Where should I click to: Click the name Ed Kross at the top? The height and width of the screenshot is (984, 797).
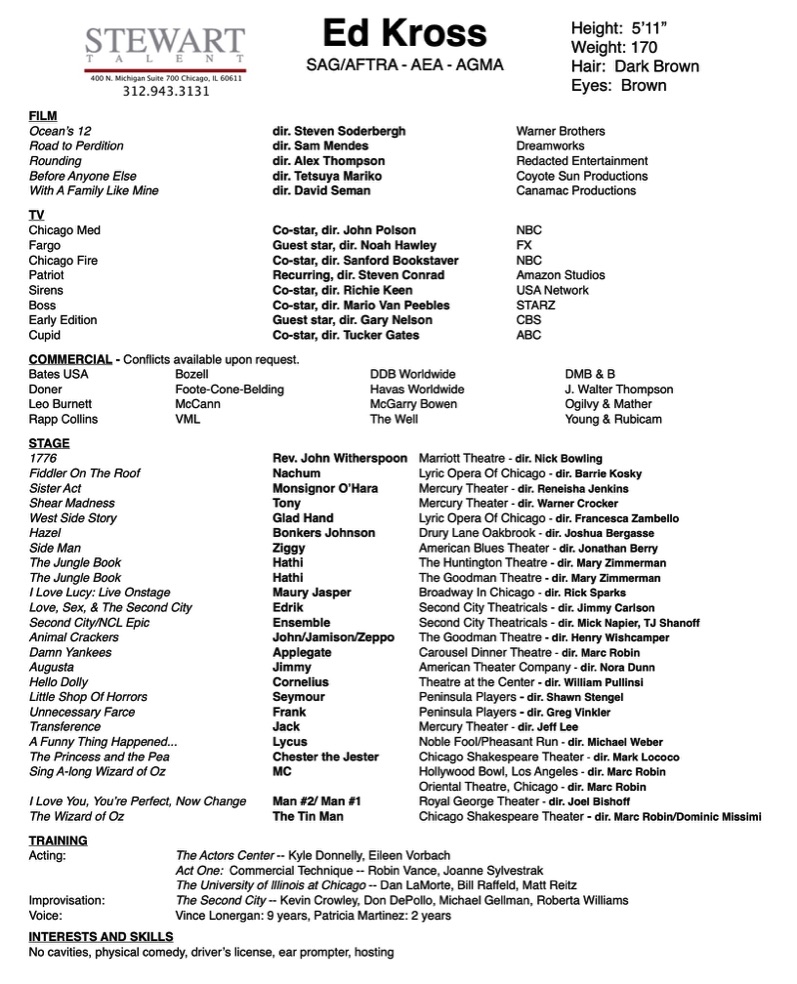[404, 34]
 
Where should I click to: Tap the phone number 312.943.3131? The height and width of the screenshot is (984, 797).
[166, 91]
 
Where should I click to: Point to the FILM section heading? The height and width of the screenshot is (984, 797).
[43, 116]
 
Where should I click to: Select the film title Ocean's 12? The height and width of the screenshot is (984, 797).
[60, 131]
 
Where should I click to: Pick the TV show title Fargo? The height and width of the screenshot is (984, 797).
[44, 245]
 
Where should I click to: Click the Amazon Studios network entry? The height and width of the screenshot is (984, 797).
[560, 275]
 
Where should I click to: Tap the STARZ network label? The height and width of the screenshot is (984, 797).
[536, 305]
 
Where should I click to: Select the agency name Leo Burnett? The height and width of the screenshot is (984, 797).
[60, 404]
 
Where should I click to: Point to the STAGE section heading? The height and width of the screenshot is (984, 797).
[49, 443]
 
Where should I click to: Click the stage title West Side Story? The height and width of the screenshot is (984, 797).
[73, 518]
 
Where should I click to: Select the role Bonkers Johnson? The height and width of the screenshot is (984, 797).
[323, 533]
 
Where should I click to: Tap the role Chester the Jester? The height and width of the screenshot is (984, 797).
[325, 757]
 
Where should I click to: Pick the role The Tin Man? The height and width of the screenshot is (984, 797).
[308, 817]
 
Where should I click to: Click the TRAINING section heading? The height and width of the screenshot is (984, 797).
[58, 840]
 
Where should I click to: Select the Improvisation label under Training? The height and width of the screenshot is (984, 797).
[67, 900]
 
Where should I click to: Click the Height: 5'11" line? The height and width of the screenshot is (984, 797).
[618, 28]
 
